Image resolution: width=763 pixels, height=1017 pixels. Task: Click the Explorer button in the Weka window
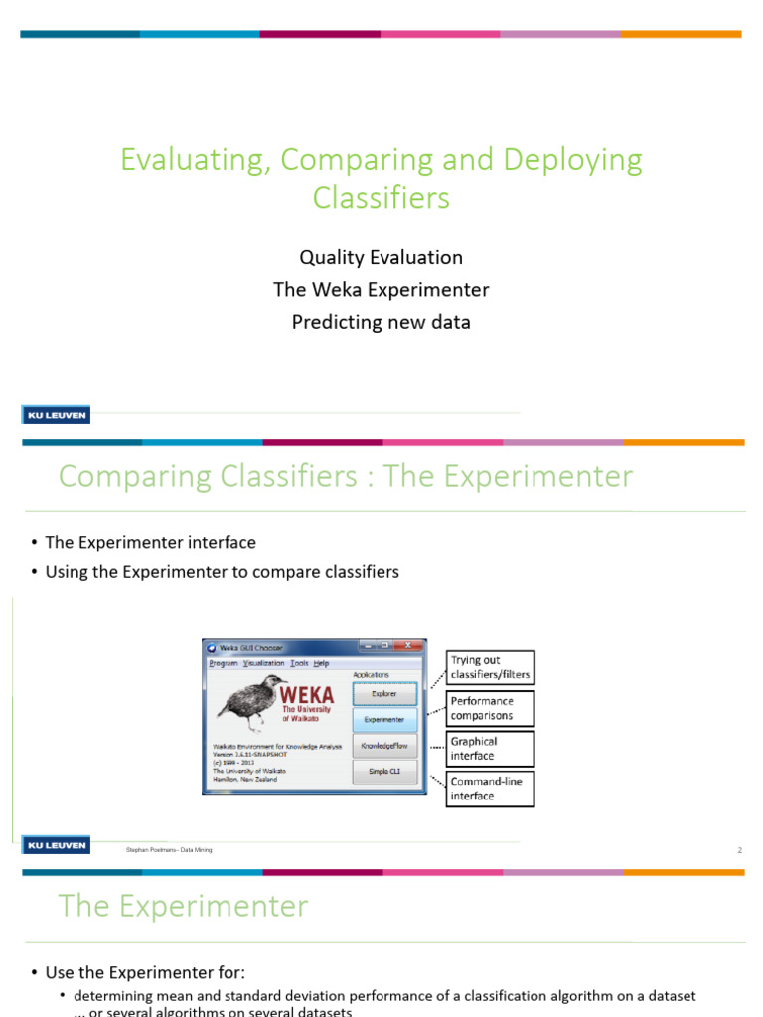click(383, 694)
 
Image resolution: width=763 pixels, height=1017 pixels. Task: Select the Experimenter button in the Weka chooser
click(383, 720)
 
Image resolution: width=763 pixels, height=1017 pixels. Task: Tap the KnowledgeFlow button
click(383, 746)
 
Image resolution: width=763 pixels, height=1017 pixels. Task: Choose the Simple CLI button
click(383, 772)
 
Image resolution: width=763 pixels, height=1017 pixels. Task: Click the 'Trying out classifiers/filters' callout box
click(491, 667)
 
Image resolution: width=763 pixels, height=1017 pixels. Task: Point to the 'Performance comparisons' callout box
click(491, 708)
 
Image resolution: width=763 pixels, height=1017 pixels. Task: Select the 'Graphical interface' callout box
click(491, 749)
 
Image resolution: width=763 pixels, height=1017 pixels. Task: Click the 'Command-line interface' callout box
click(491, 789)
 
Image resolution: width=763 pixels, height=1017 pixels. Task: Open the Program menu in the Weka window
click(224, 663)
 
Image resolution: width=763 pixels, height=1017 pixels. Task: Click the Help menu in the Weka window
click(322, 663)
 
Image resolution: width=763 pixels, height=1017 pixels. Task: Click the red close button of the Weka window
click(411, 647)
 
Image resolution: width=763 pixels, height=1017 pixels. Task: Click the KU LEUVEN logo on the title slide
click(56, 415)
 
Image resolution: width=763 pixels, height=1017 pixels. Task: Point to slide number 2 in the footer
click(739, 850)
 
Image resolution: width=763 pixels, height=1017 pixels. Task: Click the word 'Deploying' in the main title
click(573, 160)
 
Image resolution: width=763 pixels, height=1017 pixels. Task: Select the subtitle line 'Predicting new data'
click(381, 322)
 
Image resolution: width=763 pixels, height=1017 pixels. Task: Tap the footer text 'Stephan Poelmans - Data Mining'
click(169, 850)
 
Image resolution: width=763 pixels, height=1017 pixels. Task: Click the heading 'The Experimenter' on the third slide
click(184, 906)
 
